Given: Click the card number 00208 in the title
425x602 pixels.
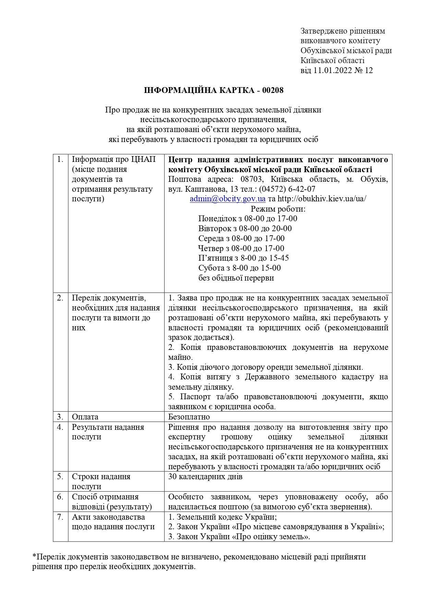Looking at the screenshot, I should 273,91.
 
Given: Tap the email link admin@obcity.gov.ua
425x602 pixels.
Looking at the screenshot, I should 228,199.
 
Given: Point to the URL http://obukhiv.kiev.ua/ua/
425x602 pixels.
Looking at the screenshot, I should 322,199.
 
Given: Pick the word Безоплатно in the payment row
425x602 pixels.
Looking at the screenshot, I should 189,417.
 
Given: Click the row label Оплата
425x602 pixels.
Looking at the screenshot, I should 85,417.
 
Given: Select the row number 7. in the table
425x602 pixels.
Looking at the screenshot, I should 60,517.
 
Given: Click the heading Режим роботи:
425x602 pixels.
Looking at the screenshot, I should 278,209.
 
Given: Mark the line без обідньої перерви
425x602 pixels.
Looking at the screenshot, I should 236,278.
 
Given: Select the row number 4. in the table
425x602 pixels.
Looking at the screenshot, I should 60,427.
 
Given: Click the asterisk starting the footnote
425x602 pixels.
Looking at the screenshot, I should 34,556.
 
